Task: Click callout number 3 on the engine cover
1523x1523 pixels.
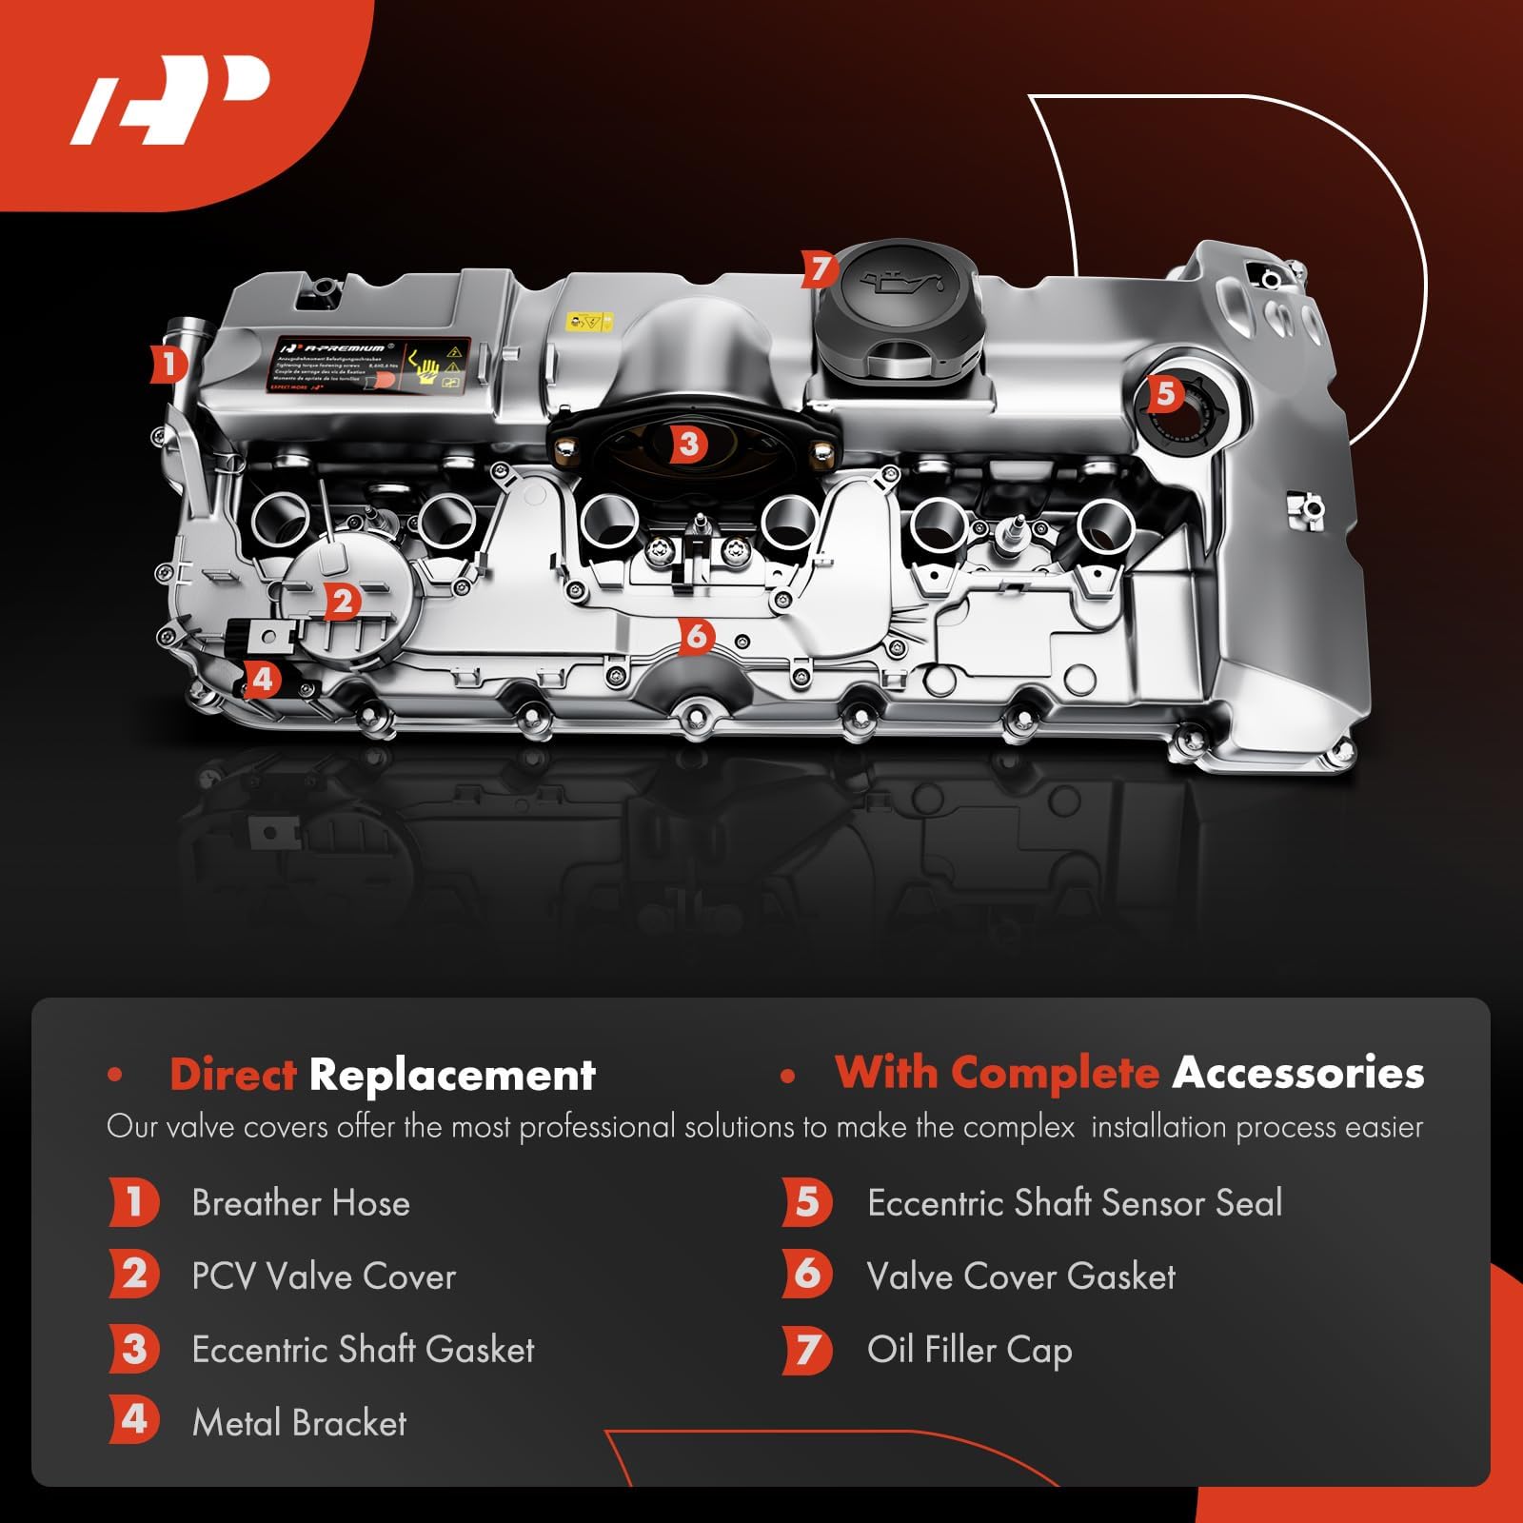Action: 688,443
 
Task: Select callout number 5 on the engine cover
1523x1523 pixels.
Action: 1165,393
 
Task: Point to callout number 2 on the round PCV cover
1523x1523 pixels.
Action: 342,601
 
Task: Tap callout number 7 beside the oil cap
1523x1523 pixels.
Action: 819,269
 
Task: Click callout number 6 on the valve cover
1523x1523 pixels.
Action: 697,636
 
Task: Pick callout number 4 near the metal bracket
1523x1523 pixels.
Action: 263,679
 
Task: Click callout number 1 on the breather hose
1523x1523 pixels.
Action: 168,364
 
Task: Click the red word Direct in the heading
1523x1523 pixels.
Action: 233,1076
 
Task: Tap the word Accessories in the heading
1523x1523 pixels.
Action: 1298,1073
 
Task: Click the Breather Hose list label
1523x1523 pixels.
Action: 301,1203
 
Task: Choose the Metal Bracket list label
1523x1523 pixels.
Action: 299,1423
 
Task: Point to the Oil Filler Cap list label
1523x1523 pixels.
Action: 969,1350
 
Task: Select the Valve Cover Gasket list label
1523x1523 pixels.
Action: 1020,1276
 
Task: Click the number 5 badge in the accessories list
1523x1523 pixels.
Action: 806,1202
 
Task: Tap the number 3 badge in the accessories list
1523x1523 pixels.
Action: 134,1350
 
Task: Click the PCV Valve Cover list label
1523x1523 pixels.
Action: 324,1276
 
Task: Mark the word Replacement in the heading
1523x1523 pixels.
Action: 452,1076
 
